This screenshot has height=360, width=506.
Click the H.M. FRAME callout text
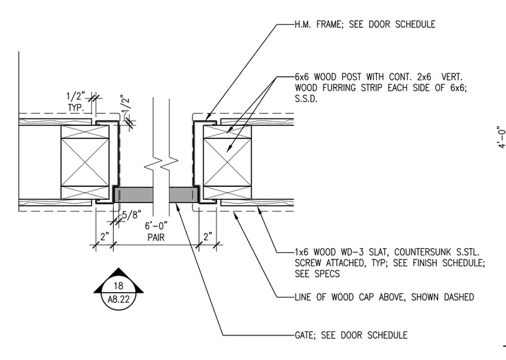(x=365, y=24)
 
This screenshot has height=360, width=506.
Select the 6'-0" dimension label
(x=156, y=226)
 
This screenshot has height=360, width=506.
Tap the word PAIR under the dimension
(x=156, y=238)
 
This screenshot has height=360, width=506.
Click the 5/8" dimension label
(x=131, y=215)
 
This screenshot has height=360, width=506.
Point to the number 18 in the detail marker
(x=119, y=285)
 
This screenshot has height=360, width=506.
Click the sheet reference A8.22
(x=119, y=299)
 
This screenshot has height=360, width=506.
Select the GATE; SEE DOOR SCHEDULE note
(x=351, y=335)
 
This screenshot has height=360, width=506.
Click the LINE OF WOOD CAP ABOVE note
(x=384, y=297)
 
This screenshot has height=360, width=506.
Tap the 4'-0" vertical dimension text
(x=501, y=138)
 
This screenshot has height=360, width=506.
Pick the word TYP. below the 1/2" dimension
(x=76, y=107)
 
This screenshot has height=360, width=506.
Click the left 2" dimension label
(x=105, y=237)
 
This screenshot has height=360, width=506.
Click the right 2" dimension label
(x=208, y=236)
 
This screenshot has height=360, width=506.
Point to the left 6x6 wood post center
(x=85, y=162)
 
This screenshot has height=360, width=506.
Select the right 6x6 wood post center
(x=227, y=162)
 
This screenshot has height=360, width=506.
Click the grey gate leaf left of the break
(x=134, y=195)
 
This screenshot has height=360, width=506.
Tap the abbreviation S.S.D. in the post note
(x=306, y=98)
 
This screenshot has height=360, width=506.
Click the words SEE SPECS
(x=317, y=274)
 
